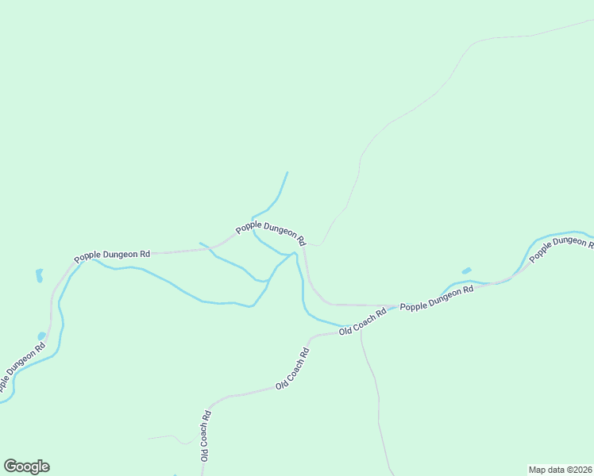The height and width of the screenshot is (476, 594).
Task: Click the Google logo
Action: pos(26,466)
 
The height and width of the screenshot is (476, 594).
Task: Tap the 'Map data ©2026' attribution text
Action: pos(561,469)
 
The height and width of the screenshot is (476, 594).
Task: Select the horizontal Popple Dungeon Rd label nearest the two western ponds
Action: pos(112,255)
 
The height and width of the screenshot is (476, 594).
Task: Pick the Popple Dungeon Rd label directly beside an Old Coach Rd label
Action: pos(436,298)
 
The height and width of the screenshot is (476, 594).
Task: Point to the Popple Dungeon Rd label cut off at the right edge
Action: pos(561,247)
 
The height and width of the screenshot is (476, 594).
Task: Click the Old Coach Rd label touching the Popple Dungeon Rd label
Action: pos(362,321)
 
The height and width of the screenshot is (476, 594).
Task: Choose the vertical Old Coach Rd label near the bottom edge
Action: pos(205,436)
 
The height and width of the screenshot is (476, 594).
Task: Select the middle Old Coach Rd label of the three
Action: pos(291,367)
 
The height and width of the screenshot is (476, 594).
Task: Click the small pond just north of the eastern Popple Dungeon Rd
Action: pos(466,271)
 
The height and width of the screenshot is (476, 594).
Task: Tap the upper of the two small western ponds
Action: pos(38,275)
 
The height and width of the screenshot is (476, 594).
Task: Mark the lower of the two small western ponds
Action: pos(41,336)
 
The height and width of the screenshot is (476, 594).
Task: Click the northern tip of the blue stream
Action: pos(287,172)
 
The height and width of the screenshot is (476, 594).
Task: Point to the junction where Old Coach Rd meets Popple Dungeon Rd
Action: pos(395,305)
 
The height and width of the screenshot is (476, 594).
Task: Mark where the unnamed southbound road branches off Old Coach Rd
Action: pos(361,328)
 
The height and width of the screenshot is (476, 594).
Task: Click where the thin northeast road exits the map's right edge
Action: pos(592,20)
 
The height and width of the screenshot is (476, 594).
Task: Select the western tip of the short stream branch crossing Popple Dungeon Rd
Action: pos(199,243)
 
